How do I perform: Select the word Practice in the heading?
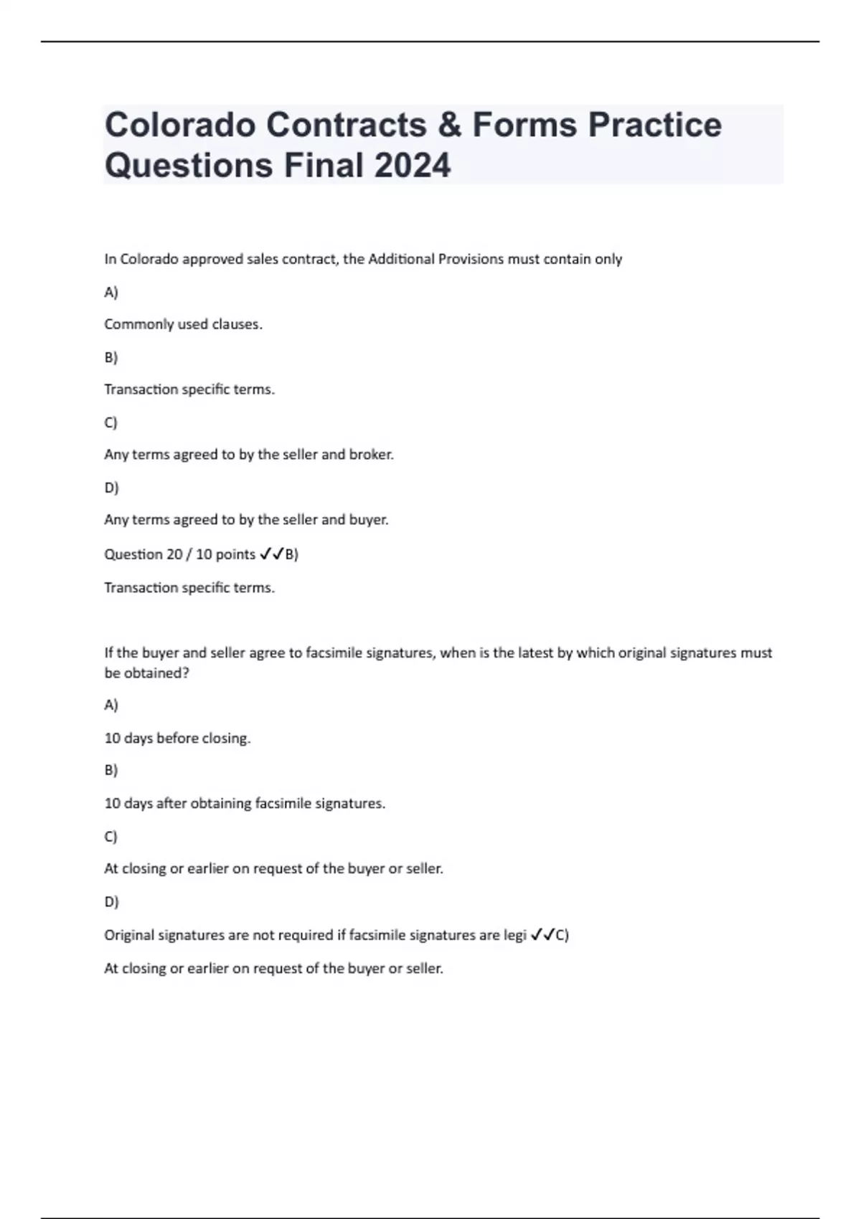pos(654,125)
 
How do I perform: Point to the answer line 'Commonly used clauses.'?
pos(183,324)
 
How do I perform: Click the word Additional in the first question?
pos(401,259)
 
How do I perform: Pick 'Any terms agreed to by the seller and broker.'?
pos(249,455)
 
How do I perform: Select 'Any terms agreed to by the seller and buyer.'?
pos(246,520)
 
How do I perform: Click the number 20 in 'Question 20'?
pos(174,554)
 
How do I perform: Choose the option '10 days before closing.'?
pos(177,738)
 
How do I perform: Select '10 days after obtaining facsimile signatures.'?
pos(245,803)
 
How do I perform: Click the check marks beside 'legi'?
pos(543,935)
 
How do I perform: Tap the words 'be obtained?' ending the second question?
pos(146,673)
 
